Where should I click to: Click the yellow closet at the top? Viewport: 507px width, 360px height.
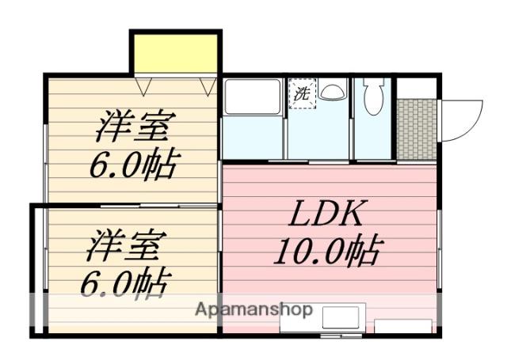coord(176,54)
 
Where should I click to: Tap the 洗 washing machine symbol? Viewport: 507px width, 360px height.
coord(302,93)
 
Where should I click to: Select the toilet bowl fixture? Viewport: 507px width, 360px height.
coord(373,96)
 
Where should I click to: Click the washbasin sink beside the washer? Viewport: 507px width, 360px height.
coord(332,92)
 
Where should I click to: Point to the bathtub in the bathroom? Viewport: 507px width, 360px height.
coord(253,97)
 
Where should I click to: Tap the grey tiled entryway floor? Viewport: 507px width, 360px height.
coord(417,129)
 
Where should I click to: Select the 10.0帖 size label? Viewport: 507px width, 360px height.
coord(329,252)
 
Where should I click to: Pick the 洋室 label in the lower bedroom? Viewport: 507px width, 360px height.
coord(127,245)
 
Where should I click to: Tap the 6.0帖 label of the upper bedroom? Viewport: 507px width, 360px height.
coord(135,164)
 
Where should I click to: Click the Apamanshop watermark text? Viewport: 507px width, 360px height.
coord(253,309)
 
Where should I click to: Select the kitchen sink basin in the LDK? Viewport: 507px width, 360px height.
coord(341,318)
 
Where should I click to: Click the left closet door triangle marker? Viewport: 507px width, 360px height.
coord(143,86)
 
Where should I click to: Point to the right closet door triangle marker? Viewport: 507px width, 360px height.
coord(208,86)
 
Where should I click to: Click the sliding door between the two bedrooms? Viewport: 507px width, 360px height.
coord(158,206)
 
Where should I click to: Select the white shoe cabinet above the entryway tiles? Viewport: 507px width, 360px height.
coord(417,88)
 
